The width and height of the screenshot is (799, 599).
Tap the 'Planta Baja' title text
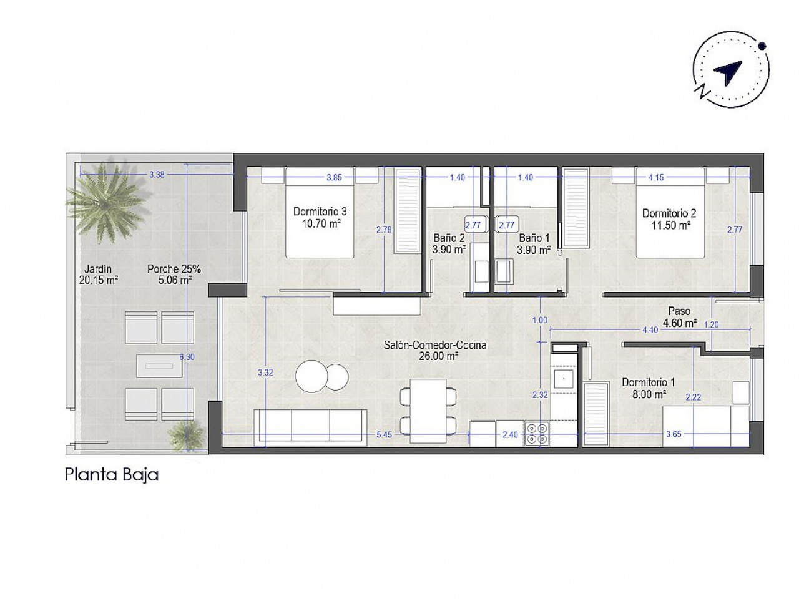click(x=111, y=475)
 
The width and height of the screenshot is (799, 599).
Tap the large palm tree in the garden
click(x=105, y=203)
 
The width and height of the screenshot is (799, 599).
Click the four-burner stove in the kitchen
click(x=537, y=434)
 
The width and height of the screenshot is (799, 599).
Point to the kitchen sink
click(x=564, y=380)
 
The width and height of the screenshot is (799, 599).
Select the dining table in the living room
click(x=428, y=411)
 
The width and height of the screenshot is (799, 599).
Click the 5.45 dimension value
click(x=384, y=435)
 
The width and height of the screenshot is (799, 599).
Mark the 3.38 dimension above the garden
click(x=157, y=175)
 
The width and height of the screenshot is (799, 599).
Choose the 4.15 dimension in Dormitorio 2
click(x=656, y=177)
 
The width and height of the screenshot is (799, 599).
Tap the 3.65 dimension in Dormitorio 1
click(x=674, y=434)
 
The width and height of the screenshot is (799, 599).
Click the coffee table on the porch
click(x=159, y=366)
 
